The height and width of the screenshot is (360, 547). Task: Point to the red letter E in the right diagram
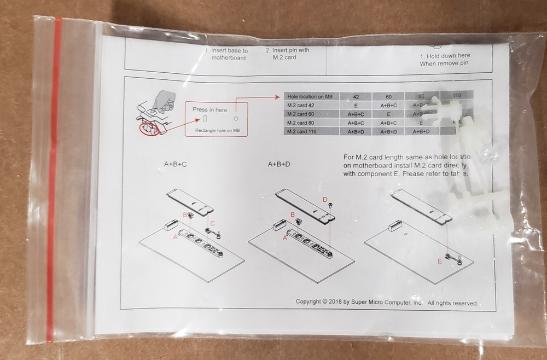pos(440,262)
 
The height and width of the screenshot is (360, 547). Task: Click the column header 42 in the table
pos(356,96)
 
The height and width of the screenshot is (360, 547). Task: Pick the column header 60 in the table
pos(388,96)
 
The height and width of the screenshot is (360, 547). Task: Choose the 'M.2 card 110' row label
pos(302,131)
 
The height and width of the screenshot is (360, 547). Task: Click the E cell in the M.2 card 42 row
pos(356,105)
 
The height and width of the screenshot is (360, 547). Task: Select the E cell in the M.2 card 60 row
pos(388,114)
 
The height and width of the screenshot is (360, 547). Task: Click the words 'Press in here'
pos(210,109)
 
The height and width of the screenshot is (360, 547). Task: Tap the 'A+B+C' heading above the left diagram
pos(176,164)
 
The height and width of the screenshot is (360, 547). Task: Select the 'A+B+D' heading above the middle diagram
pos(279,164)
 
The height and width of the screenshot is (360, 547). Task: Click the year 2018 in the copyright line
pos(336,302)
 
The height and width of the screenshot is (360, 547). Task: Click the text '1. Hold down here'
pos(445,56)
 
